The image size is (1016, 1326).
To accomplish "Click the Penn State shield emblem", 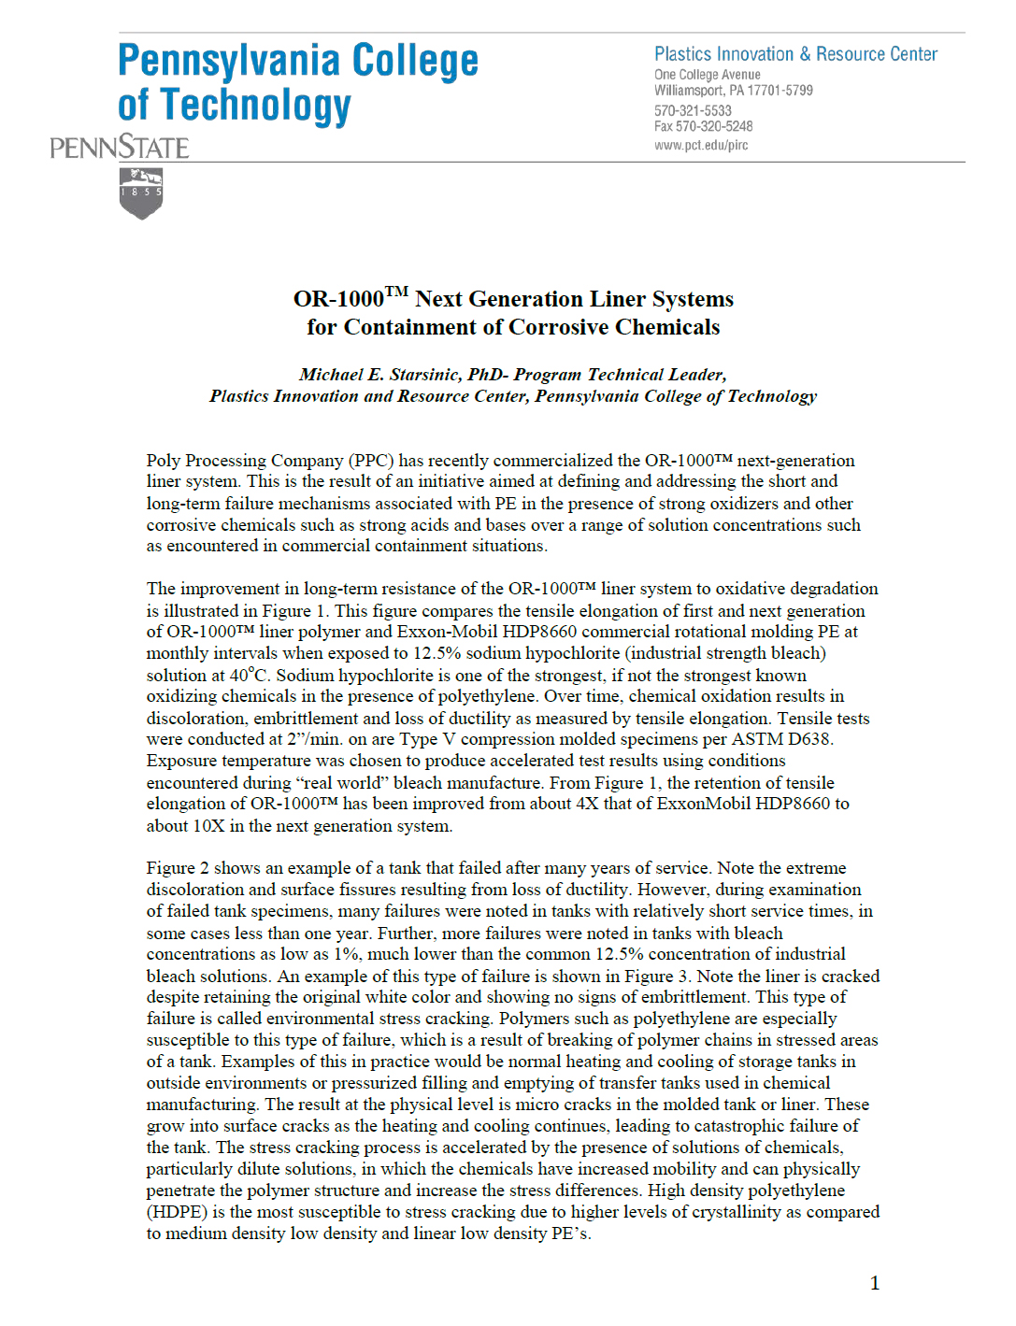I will [x=141, y=193].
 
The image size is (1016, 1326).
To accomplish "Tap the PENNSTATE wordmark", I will [x=120, y=148].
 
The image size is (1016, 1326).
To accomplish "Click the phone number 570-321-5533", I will [x=693, y=110].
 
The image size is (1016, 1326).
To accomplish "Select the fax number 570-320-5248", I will [x=714, y=126].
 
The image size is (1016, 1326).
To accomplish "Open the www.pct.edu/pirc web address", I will [x=701, y=145].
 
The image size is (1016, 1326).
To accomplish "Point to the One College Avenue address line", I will [x=708, y=75].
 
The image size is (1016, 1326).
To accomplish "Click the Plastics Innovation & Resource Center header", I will [x=795, y=54].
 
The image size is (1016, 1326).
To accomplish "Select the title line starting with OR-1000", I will [x=513, y=299].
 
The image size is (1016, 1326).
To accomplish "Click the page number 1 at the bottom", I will [x=875, y=1283].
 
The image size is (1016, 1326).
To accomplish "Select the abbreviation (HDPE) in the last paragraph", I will [x=177, y=1212].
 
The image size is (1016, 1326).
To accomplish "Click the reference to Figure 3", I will [x=651, y=976].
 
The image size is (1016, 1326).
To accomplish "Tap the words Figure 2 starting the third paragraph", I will [x=178, y=868].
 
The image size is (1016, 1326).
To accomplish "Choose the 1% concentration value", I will [x=346, y=954].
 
